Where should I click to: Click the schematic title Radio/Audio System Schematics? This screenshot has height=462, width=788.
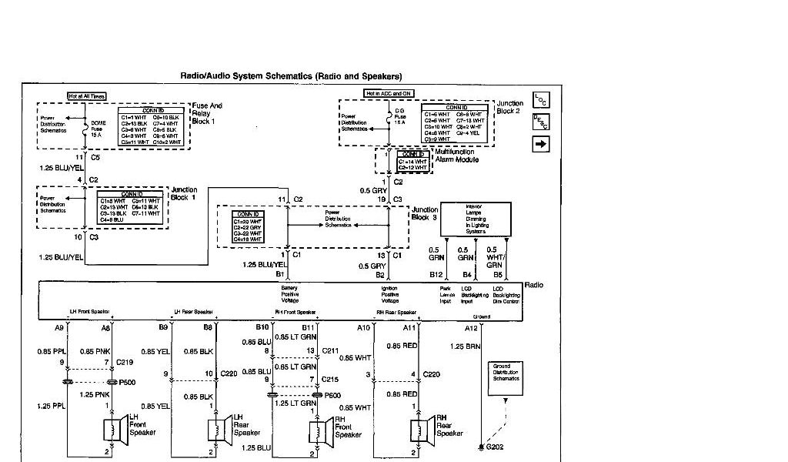[291, 76]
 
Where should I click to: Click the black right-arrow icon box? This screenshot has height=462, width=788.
[540, 143]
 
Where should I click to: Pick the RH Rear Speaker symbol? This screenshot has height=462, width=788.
[419, 428]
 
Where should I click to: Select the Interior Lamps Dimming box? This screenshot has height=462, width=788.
[475, 219]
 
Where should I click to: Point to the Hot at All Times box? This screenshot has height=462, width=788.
[86, 96]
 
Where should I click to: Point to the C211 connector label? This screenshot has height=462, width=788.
[331, 350]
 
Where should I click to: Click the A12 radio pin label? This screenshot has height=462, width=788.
[471, 327]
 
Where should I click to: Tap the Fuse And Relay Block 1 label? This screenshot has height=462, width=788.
[207, 113]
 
